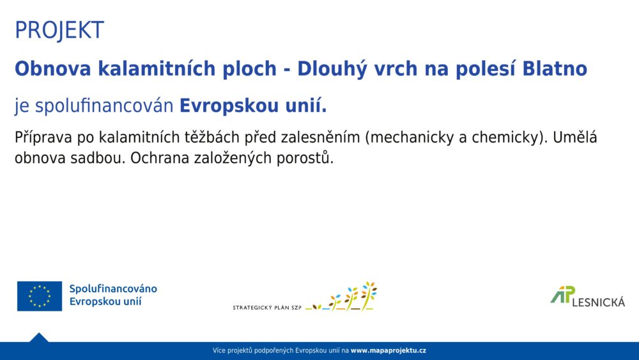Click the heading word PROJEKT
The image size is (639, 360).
[59, 30]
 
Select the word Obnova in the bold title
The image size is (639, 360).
[52, 68]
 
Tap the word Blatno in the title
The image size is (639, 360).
[555, 68]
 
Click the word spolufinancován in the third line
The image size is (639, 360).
[104, 106]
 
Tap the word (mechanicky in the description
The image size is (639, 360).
[410, 138]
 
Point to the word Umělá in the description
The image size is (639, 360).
[575, 137]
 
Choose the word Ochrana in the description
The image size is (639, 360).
[160, 158]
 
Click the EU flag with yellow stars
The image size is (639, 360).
[40, 296]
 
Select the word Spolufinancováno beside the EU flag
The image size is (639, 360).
[113, 289]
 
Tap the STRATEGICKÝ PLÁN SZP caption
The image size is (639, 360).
[267, 308]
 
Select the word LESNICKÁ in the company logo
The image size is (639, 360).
[598, 302]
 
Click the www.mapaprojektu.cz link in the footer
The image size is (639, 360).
[389, 350]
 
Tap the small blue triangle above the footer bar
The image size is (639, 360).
[39, 338]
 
